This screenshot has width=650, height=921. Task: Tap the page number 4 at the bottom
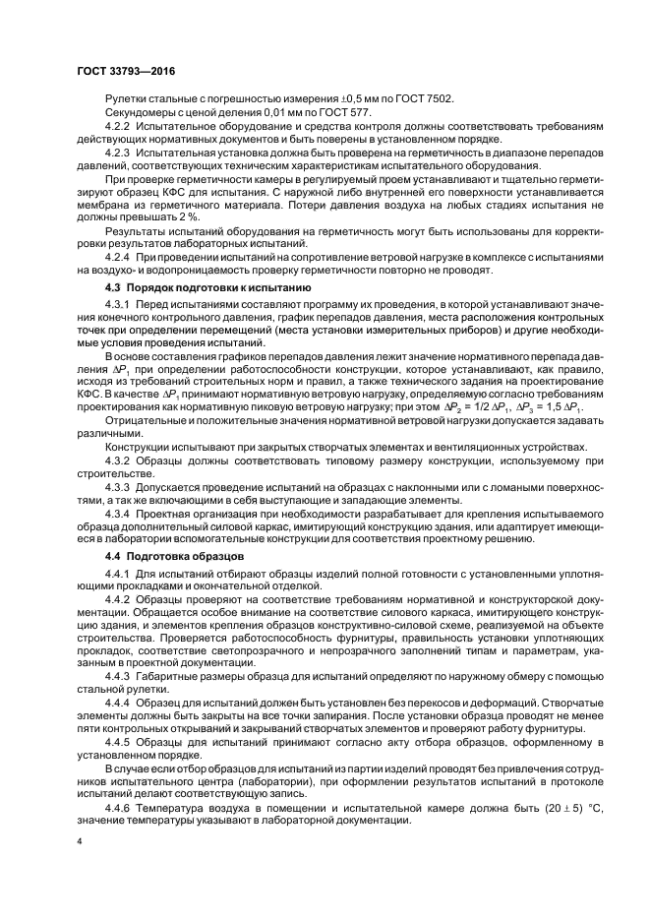pyautogui.click(x=80, y=842)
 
